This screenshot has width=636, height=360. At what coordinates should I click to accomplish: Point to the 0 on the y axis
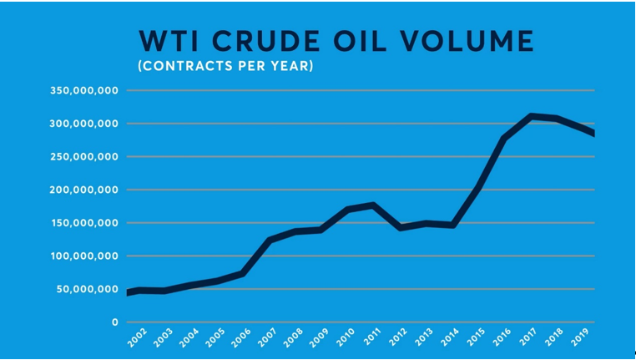pos(116,322)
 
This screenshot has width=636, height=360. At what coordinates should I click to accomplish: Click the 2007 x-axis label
pos(269,338)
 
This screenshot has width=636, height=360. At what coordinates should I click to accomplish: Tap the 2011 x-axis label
pos(372,338)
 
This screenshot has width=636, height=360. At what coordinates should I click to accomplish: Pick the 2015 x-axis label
pos(476,338)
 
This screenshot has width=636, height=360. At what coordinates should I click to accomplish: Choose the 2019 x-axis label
pos(579,338)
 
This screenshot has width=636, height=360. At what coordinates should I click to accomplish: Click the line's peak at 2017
pos(530,116)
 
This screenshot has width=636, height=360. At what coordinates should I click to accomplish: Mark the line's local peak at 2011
pos(374,205)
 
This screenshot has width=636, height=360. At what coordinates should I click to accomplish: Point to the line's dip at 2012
pos(401,227)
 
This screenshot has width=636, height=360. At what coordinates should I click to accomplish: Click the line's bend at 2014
pos(452,225)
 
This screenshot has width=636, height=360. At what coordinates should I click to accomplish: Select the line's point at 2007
pos(270,241)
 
